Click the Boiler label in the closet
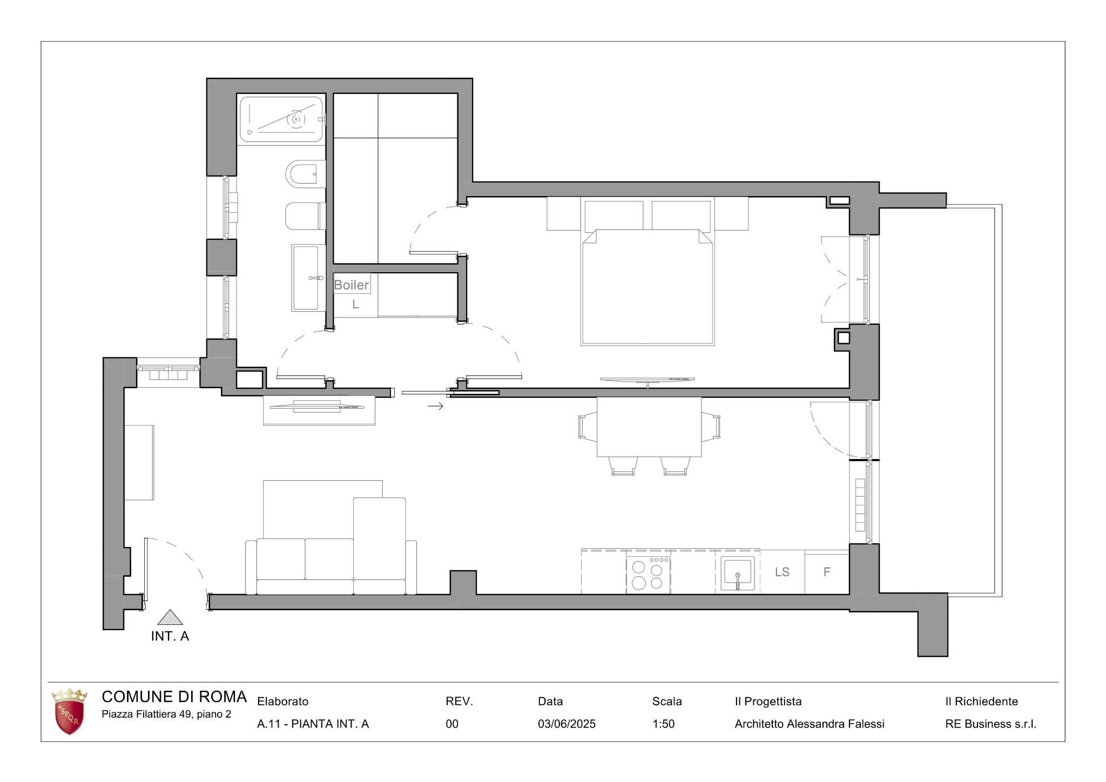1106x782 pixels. point(352,285)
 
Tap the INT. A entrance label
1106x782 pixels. point(170,636)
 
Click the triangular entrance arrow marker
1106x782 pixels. point(170,617)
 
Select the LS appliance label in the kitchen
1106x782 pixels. point(782,572)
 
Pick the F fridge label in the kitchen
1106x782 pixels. point(827,572)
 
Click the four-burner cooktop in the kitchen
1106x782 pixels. point(648,575)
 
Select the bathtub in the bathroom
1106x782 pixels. point(281,119)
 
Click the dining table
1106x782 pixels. point(649,427)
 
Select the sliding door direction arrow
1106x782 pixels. point(435,406)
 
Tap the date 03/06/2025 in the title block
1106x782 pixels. point(567,724)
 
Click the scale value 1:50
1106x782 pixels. point(663,724)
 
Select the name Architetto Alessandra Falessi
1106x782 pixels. point(810,724)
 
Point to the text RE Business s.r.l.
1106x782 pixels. point(990,724)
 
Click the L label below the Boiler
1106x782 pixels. point(355,305)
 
